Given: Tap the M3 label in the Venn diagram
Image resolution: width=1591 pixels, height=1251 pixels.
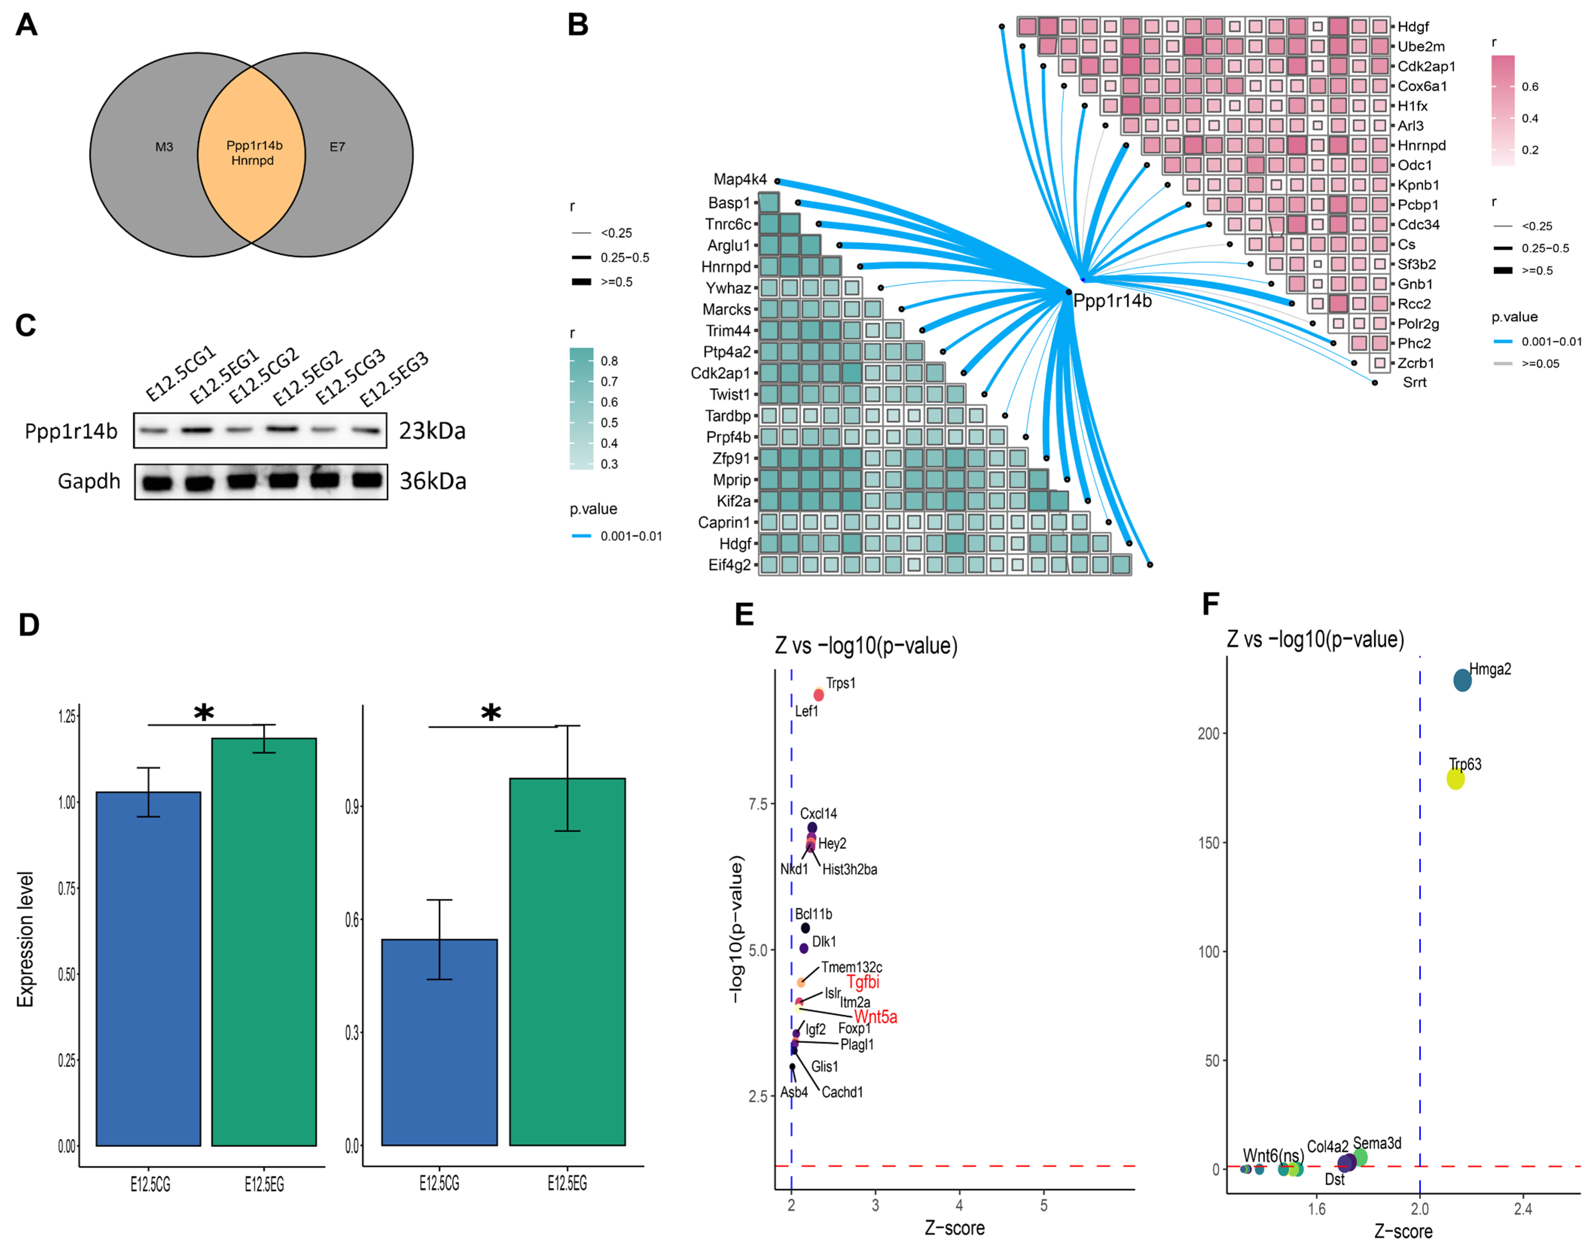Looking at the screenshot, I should click(164, 147).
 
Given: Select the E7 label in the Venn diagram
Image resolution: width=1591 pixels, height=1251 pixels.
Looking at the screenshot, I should click(337, 147).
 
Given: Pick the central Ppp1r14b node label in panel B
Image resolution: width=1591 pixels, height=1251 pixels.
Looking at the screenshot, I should click(1112, 301).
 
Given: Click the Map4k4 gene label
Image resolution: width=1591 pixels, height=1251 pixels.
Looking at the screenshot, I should click(740, 180).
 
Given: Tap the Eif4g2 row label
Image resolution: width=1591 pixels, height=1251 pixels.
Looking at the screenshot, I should click(730, 565).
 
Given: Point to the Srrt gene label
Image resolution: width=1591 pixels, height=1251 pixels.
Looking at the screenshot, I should click(1414, 382).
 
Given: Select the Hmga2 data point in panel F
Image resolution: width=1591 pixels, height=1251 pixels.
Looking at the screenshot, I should click(1462, 680).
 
